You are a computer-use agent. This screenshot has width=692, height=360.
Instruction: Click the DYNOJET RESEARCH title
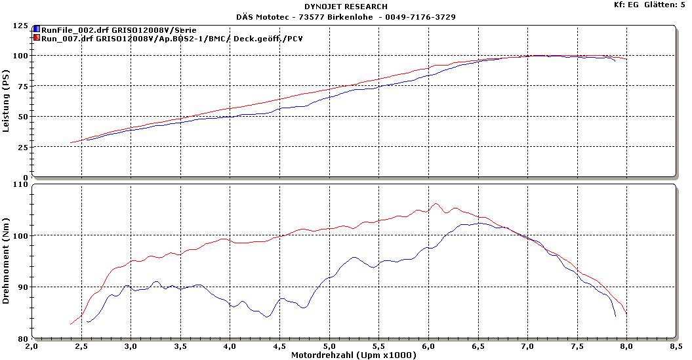pyautogui.click(x=346, y=7)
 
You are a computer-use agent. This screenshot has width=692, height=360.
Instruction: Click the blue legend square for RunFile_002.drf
pyautogui.click(x=37, y=30)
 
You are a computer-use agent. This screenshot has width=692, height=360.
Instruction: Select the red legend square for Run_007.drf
pyautogui.click(x=37, y=39)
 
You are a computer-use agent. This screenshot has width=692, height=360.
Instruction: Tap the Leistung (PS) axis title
pyautogui.click(x=7, y=102)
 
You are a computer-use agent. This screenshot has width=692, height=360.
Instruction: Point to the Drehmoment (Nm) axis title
pyautogui.click(x=7, y=262)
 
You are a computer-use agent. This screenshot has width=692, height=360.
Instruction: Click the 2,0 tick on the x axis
pyautogui.click(x=32, y=345)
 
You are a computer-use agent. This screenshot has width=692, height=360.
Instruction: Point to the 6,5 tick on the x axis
pyautogui.click(x=478, y=345)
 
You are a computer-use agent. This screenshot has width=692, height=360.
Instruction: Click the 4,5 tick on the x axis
pyautogui.click(x=280, y=345)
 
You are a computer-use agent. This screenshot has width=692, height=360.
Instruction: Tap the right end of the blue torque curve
pyautogui.click(x=615, y=316)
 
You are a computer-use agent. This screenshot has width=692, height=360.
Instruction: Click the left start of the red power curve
pyautogui.click(x=71, y=142)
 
